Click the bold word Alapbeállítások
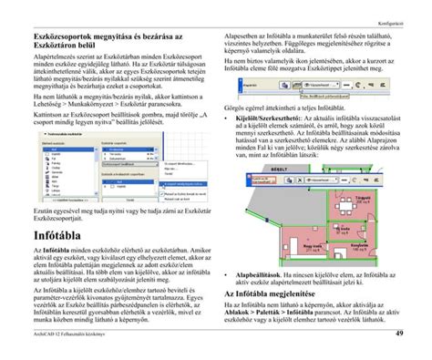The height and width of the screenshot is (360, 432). pos(261,273)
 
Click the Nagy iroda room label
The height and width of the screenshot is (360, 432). pos(311,246)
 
